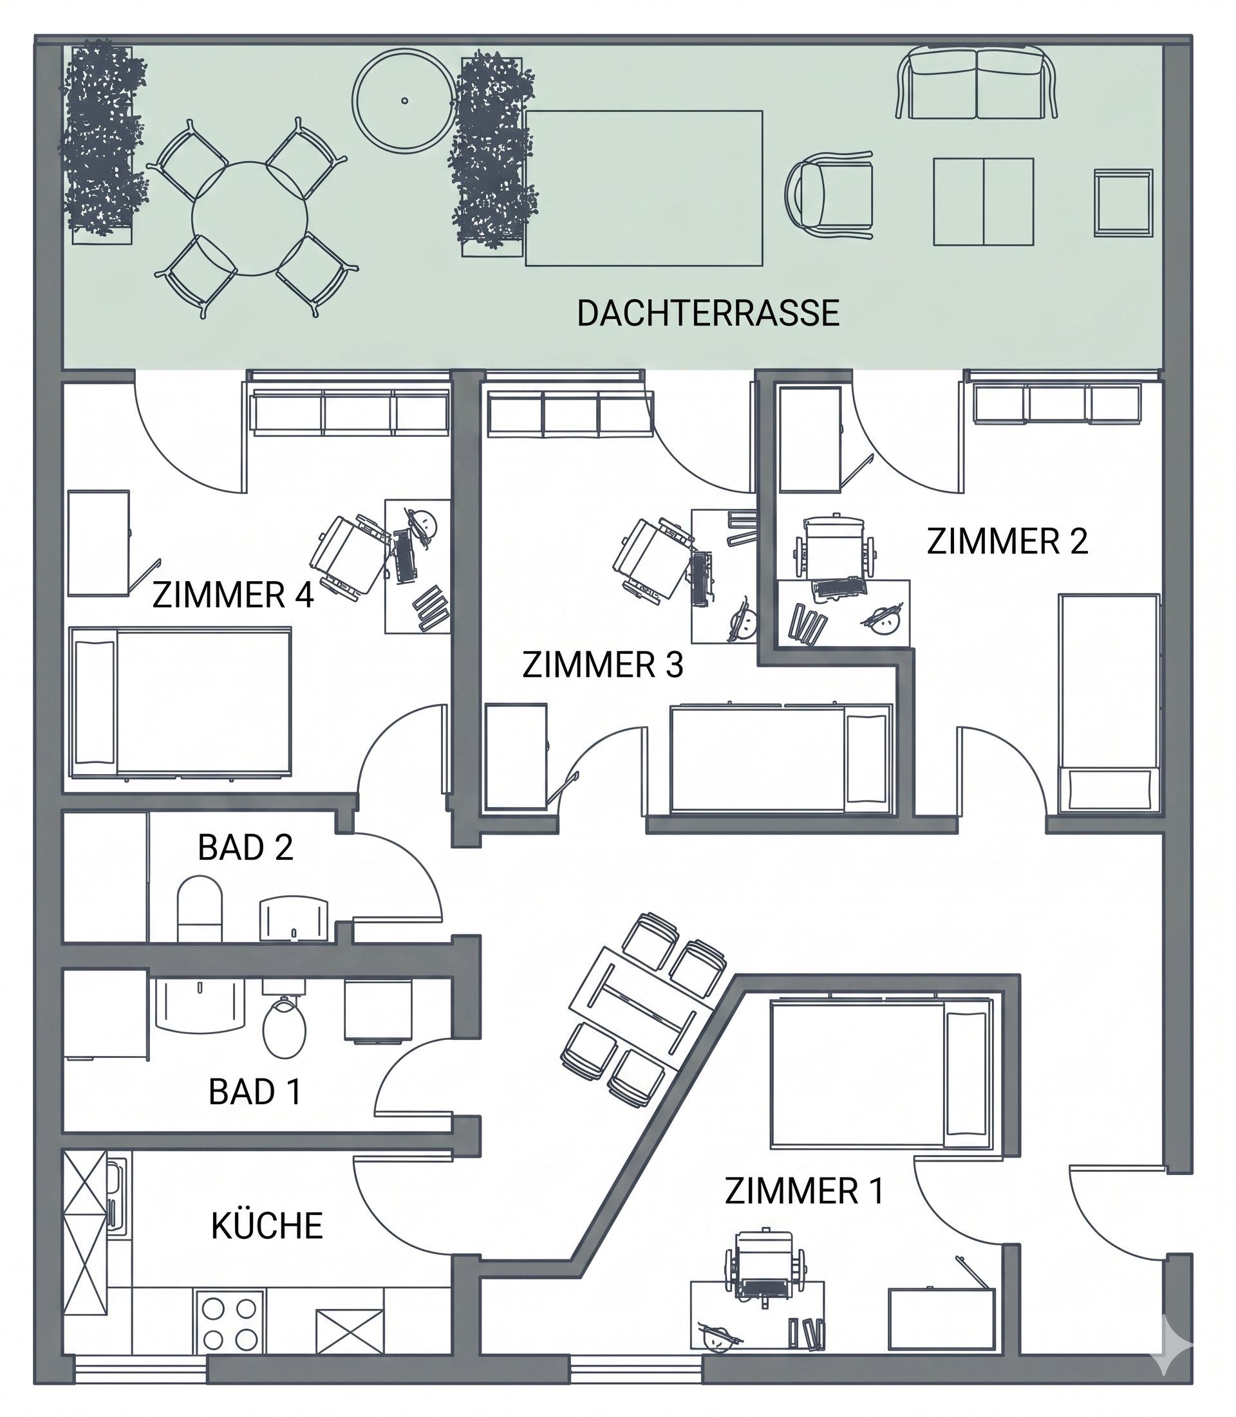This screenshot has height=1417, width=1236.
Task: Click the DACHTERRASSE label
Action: (707, 314)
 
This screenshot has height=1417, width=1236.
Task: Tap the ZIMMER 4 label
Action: (233, 595)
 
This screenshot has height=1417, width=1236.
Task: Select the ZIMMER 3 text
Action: (603, 665)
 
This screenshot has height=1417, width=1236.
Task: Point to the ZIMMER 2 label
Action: (1007, 541)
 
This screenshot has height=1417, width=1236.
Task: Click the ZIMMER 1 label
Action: (804, 1192)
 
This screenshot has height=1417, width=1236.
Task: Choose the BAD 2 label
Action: (245, 847)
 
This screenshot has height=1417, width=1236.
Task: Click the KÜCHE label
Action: (267, 1226)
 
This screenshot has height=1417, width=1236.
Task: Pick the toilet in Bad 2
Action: (200, 909)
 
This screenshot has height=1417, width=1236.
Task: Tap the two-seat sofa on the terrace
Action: (977, 83)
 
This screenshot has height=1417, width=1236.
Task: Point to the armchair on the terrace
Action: (829, 194)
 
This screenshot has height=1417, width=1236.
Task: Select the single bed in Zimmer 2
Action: (1109, 702)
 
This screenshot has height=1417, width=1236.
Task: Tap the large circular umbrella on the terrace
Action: (404, 100)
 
